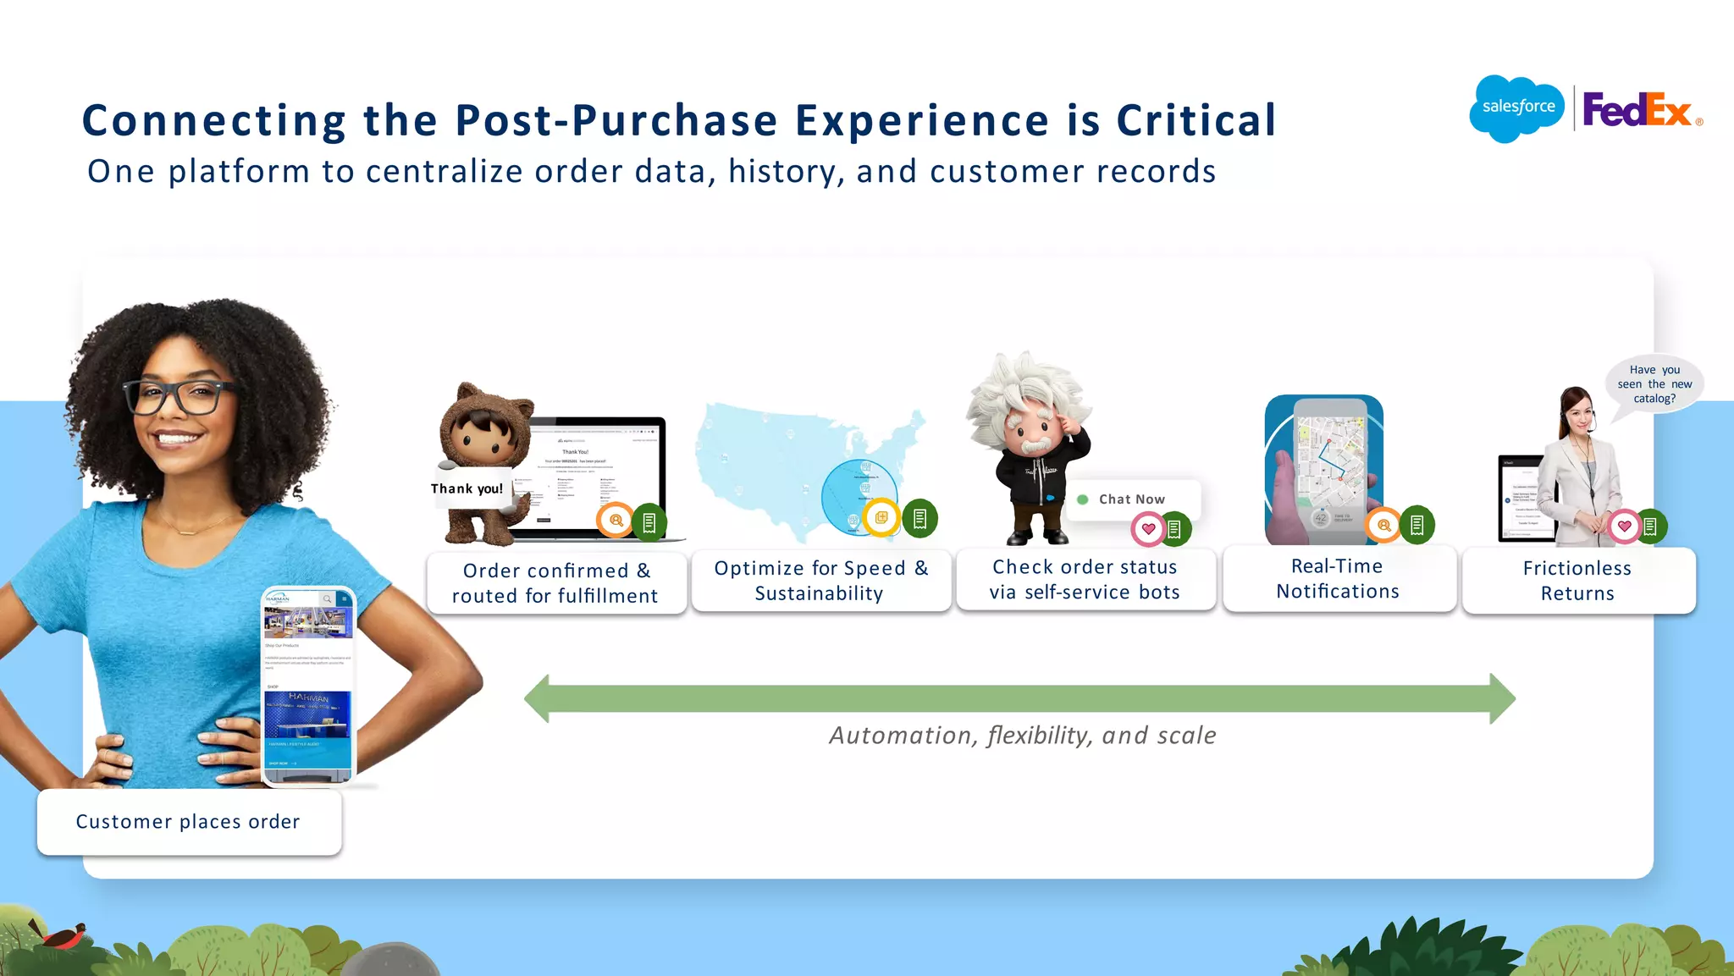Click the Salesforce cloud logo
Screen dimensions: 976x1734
tap(1517, 108)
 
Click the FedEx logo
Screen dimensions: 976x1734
tap(1637, 110)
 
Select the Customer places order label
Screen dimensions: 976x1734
tap(188, 822)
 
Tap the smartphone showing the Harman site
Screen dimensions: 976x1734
tap(307, 686)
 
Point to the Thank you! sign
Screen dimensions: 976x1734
tap(467, 488)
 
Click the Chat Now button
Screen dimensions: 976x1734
tap(1131, 499)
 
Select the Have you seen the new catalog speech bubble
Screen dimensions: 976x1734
tap(1654, 384)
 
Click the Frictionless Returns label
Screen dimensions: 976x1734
tap(1577, 581)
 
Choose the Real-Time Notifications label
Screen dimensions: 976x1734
tap(1338, 579)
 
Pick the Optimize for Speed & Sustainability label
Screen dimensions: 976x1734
tap(820, 581)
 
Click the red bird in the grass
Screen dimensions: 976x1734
tap(62, 935)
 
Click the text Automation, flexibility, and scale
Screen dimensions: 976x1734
tap(1023, 736)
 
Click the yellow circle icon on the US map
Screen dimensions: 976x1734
tap(881, 517)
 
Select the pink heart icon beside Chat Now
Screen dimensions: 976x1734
tap(1148, 529)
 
